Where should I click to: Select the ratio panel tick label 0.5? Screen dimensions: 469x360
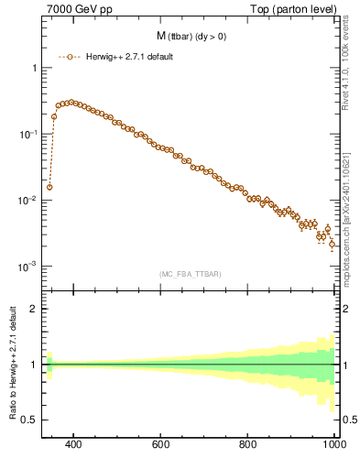pos(29,420)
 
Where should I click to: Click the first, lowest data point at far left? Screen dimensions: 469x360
pos(49,187)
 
